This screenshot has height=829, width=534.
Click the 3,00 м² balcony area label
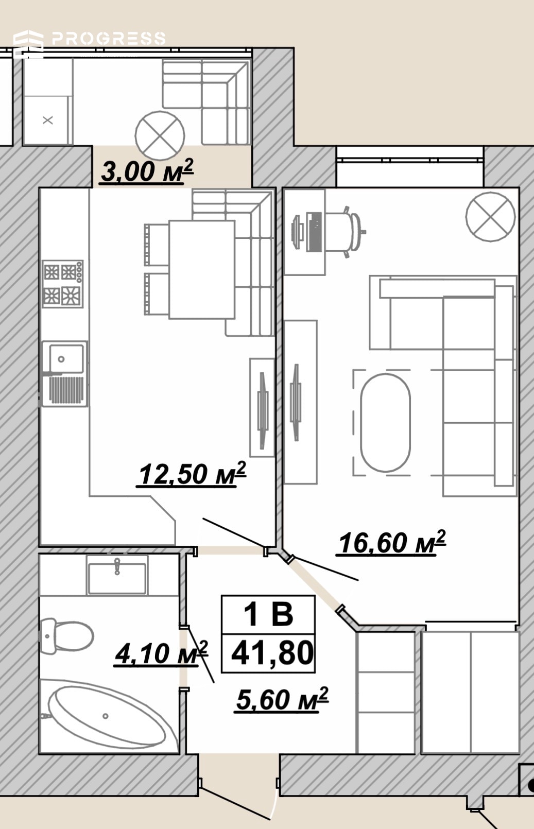click(x=147, y=171)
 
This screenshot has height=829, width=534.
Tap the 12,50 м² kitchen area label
click(x=192, y=474)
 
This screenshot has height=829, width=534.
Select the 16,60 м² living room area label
click(x=391, y=543)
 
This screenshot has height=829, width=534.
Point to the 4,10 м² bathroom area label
click(x=161, y=653)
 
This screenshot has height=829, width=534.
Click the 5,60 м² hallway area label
click(x=282, y=699)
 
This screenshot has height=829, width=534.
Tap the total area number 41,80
click(x=272, y=653)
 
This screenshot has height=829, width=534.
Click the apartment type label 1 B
click(x=269, y=614)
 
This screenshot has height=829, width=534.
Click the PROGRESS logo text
click(x=109, y=39)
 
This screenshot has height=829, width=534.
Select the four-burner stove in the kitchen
click(x=62, y=284)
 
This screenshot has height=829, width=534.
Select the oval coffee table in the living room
click(x=386, y=423)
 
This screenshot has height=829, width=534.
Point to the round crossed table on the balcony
click(x=160, y=135)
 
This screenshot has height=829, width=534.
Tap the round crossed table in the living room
click(x=491, y=217)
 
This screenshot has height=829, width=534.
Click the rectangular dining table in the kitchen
click(x=202, y=269)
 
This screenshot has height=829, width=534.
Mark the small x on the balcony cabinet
click(x=48, y=120)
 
